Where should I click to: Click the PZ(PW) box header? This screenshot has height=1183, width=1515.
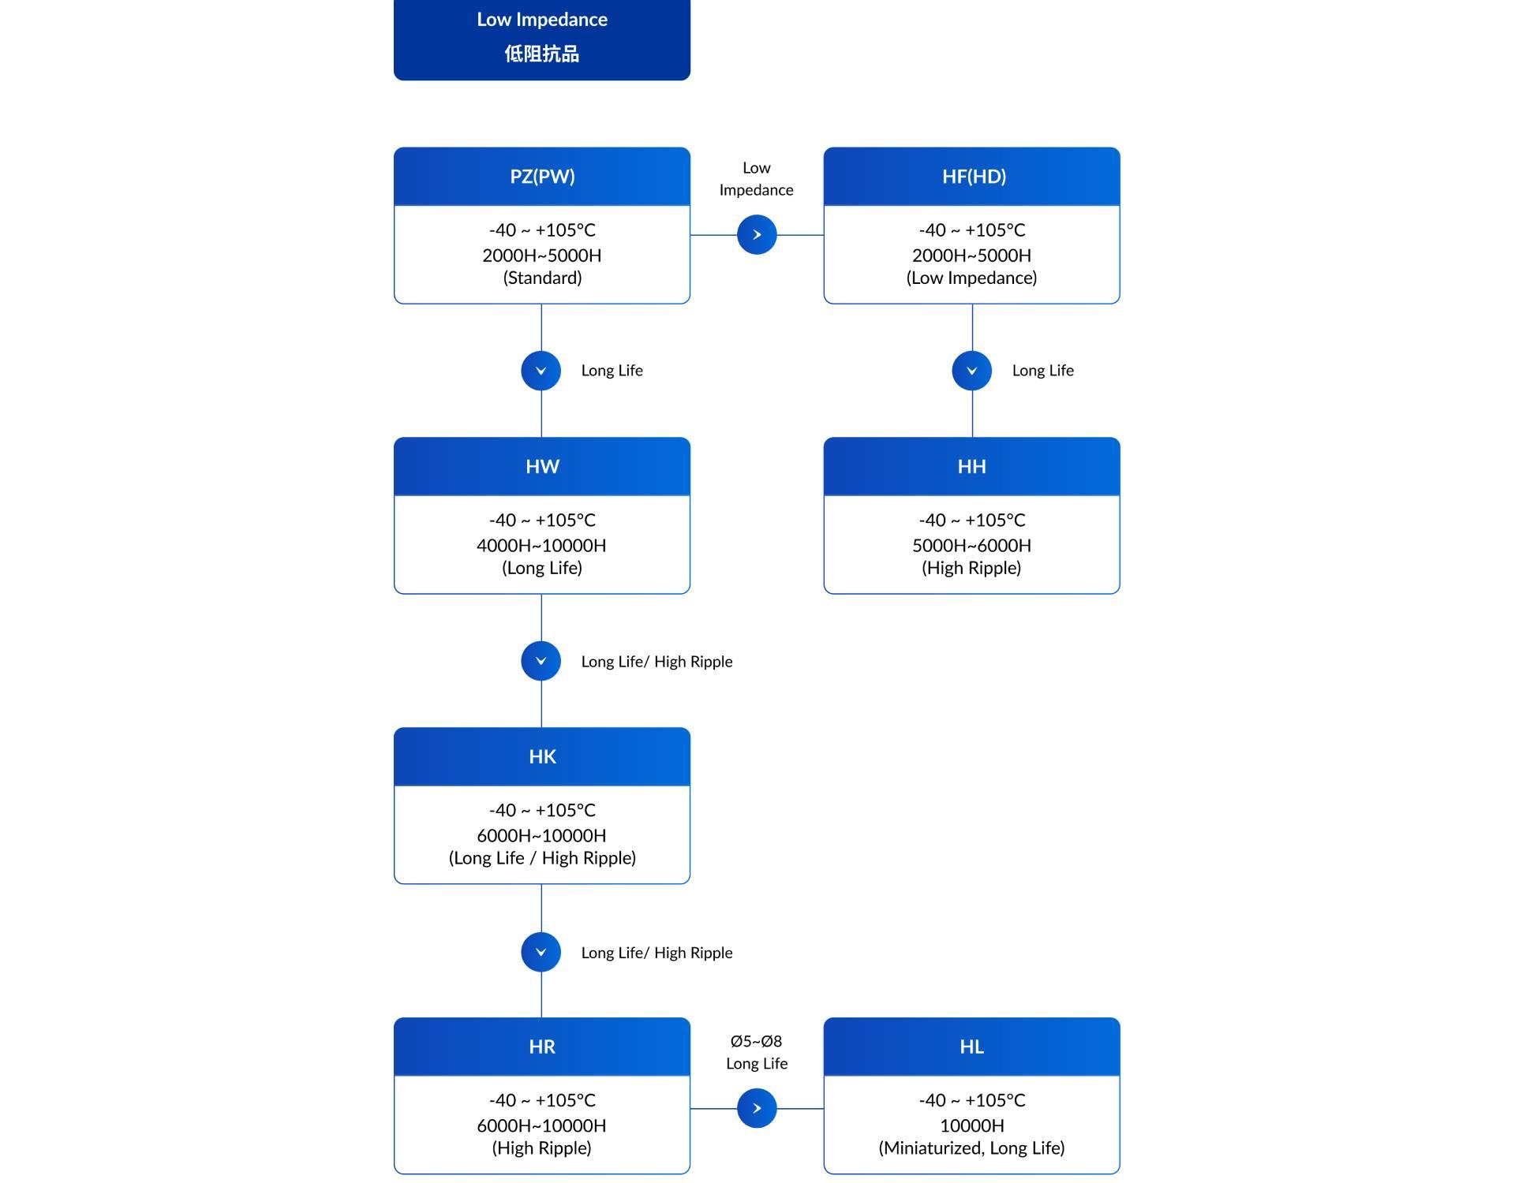pos(542,176)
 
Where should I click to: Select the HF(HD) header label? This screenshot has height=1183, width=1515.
pos(974,176)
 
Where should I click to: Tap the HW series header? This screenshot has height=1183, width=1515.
pos(542,466)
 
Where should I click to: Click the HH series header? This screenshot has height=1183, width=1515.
pos(971,466)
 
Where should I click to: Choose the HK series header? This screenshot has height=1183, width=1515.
pos(542,756)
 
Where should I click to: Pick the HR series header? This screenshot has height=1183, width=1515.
pos(542,1047)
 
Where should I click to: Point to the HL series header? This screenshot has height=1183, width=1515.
pos(971,1047)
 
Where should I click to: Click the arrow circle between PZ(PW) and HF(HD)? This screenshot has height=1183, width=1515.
pos(757,234)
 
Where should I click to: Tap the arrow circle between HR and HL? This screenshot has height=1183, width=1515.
pos(757,1108)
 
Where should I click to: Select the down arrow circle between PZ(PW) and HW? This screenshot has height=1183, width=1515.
pos(541,371)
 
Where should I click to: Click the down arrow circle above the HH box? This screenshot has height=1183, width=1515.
pos(972,371)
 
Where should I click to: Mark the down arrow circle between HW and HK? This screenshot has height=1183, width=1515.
pos(541,661)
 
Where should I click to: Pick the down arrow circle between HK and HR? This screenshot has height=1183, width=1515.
pos(541,952)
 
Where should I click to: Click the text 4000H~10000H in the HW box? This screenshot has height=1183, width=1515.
pos(541,545)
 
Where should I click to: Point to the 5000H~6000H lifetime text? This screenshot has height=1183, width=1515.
pos(971,545)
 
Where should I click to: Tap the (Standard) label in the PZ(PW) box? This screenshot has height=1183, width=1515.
pos(542,278)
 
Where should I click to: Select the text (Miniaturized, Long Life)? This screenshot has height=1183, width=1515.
pos(971,1148)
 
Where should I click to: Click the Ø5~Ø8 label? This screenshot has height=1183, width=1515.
pos(756,1041)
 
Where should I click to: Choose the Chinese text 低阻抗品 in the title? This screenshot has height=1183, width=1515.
pos(542,54)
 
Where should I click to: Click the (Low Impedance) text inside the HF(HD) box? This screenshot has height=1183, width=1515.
pos(971,278)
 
